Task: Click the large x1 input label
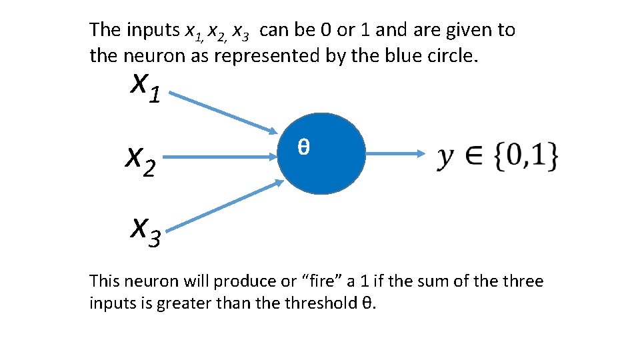[145, 87]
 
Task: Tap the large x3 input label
[145, 231]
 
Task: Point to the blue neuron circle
[322, 167]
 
